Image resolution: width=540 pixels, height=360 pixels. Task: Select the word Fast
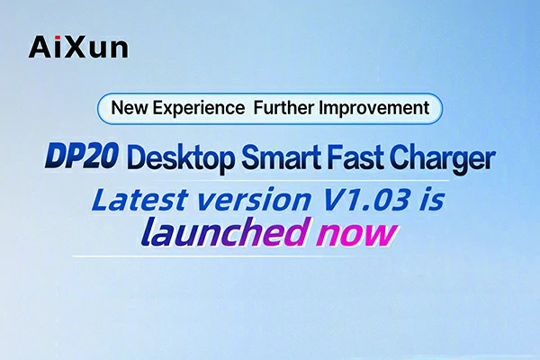(x=378, y=160)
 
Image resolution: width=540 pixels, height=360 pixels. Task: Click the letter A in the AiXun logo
(x=40, y=44)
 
